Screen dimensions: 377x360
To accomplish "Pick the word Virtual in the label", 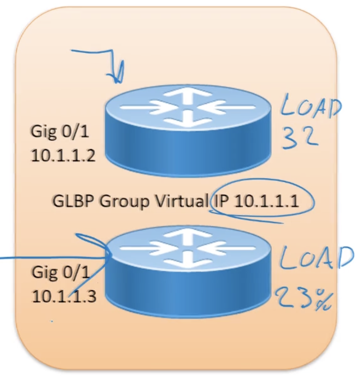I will click(x=183, y=202).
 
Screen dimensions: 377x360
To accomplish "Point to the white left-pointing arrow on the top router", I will click(x=230, y=108).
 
